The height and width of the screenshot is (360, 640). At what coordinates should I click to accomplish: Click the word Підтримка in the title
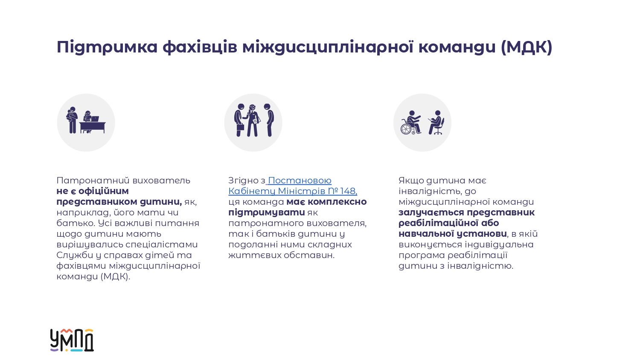pos(107,47)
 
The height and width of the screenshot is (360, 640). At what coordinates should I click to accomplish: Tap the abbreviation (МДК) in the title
pos(527,47)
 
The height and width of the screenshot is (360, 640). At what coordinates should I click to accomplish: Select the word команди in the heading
pos(457,47)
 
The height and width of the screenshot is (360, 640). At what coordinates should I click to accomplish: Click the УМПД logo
pos(72,340)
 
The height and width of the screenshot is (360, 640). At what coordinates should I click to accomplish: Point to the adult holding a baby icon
pos(72,120)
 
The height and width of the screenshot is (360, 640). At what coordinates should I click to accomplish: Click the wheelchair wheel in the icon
pos(406,129)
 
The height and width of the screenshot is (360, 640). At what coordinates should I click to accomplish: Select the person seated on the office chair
pos(436,122)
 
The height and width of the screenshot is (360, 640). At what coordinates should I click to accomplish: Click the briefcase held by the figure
pos(240,126)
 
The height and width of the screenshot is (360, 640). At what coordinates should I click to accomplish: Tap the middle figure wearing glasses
pos(252,120)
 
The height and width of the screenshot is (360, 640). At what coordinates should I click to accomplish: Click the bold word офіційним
pos(103,191)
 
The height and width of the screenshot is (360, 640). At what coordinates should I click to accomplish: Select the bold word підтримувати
pos(267,212)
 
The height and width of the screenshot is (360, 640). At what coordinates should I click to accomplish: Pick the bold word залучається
pos(431,212)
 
